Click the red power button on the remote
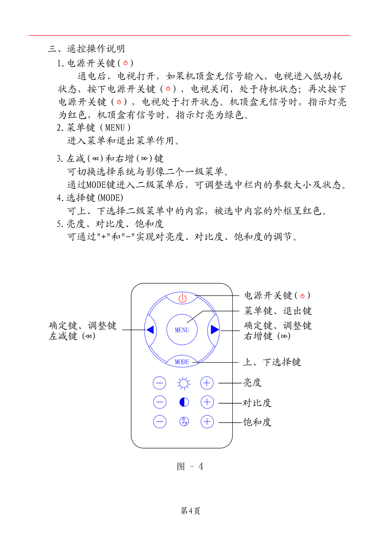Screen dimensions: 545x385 (x=182, y=298)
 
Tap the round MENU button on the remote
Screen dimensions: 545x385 (x=182, y=330)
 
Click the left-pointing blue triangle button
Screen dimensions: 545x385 (x=150, y=330)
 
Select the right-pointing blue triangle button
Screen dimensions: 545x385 (x=214, y=330)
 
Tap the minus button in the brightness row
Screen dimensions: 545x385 (x=159, y=383)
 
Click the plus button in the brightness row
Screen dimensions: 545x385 (x=207, y=383)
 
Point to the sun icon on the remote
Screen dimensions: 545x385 (x=183, y=384)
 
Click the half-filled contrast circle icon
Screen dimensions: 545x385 (x=184, y=402)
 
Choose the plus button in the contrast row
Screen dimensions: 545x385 (x=207, y=402)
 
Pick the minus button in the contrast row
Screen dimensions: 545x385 (x=159, y=402)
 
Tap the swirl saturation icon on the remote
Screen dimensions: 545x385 (x=184, y=422)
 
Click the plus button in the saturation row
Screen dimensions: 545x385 (x=207, y=422)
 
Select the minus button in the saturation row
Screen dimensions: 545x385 (x=159, y=422)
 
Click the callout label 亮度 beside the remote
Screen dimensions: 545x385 (x=252, y=383)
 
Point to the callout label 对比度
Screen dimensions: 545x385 (x=257, y=403)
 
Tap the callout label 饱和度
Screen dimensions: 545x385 (x=257, y=422)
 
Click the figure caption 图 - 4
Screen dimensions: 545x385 (x=190, y=467)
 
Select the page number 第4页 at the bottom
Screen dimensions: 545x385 (x=190, y=511)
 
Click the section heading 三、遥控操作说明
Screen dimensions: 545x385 (x=86, y=49)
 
